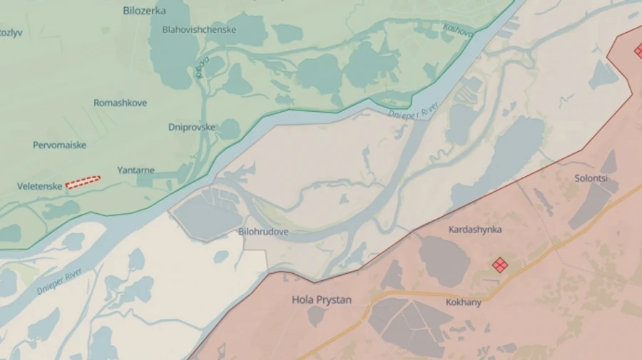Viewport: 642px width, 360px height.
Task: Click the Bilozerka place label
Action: (144, 11)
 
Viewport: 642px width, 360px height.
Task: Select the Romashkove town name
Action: (121, 103)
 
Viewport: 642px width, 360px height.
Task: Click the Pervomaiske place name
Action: (59, 145)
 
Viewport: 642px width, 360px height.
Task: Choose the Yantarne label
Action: (136, 170)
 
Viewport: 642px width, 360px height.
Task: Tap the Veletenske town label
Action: (40, 186)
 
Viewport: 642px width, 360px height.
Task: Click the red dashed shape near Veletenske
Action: (83, 182)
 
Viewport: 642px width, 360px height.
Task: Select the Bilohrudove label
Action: (263, 232)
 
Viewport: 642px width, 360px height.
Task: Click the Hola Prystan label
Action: (322, 300)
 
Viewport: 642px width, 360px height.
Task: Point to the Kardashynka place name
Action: (474, 230)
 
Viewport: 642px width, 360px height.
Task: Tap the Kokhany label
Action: (463, 302)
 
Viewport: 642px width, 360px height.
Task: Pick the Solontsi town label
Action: (591, 179)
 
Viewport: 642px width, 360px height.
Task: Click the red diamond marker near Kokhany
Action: (500, 265)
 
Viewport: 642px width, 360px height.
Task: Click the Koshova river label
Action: (458, 31)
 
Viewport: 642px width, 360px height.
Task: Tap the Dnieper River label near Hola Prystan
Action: (60, 281)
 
